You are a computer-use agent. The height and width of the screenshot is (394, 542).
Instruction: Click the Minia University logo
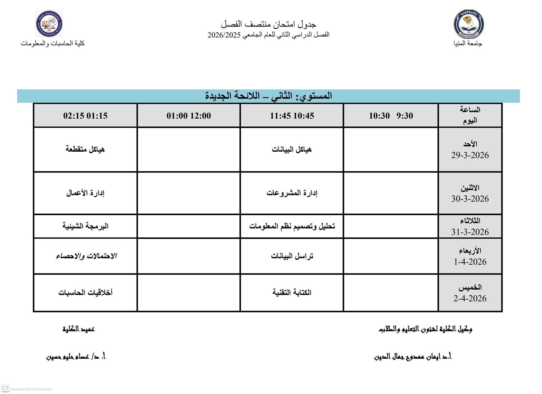[x=469, y=24]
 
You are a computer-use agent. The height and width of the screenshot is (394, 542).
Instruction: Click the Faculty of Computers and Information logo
[x=49, y=24]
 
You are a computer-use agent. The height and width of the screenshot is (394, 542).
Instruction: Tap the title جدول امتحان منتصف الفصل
[x=269, y=24]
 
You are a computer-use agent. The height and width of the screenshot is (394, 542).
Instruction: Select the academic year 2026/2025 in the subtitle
[x=224, y=35]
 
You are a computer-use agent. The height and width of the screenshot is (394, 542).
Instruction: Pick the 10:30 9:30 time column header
[x=391, y=116]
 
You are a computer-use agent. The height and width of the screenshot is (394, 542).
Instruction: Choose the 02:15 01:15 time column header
[x=85, y=116]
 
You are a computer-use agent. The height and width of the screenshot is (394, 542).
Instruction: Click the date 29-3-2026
[x=470, y=155]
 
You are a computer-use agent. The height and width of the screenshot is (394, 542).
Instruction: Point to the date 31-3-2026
[x=470, y=232]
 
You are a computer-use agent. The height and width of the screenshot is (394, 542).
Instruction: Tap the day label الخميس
[x=470, y=287]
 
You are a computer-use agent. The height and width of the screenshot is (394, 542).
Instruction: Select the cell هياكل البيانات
[x=292, y=150]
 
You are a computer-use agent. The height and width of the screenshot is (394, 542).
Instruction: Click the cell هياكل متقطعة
[x=85, y=149]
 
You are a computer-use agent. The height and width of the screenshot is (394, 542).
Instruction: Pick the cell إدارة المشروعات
[x=292, y=193]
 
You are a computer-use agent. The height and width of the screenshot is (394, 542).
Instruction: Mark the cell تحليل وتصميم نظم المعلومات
[x=292, y=226]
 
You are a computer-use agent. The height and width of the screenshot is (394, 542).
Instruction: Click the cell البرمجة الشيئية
[x=85, y=226]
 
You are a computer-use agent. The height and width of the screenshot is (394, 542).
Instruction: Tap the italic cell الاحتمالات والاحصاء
[x=86, y=256]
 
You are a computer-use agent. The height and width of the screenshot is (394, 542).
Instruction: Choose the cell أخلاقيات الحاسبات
[x=85, y=292]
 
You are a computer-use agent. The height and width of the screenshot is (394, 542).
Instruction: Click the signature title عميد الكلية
[x=79, y=329]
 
